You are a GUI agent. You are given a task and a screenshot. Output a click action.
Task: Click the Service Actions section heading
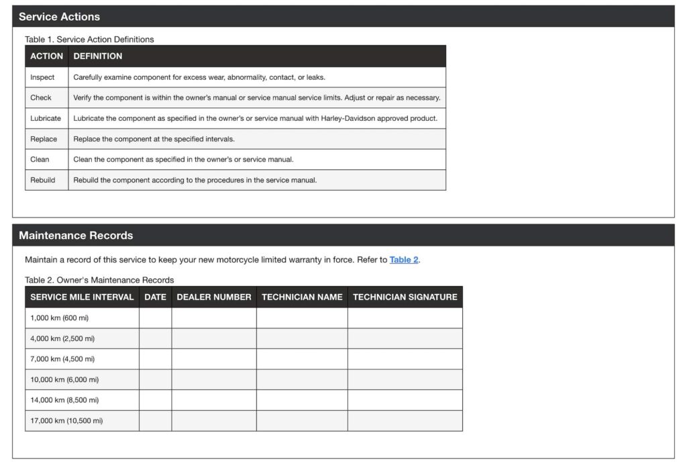(59, 17)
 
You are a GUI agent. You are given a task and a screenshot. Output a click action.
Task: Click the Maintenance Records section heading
(76, 236)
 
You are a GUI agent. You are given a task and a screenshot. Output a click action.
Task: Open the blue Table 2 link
(404, 260)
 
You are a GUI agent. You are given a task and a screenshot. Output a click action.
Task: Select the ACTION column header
(46, 56)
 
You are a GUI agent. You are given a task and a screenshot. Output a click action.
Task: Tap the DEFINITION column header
(98, 56)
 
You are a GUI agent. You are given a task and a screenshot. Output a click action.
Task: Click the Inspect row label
(42, 77)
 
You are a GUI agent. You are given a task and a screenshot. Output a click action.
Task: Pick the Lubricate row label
(46, 118)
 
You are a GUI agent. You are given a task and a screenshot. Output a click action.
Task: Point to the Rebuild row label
(43, 180)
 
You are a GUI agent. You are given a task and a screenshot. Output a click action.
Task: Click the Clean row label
(40, 160)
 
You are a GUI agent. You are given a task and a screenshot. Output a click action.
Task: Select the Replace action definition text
(154, 139)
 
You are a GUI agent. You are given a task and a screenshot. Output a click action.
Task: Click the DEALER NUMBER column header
(214, 297)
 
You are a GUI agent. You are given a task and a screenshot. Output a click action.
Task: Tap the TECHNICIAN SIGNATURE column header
(405, 297)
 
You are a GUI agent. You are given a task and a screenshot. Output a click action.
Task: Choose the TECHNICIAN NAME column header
(302, 297)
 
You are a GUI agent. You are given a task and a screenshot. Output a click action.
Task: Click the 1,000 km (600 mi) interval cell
(59, 318)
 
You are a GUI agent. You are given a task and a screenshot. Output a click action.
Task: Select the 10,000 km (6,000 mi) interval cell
(64, 379)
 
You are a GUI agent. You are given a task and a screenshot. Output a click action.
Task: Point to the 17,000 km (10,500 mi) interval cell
(66, 421)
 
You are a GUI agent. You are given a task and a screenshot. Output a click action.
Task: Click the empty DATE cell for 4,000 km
(155, 338)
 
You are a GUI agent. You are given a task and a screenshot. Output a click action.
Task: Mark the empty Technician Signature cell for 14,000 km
(405, 400)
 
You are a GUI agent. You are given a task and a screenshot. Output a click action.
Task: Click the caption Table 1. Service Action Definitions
(89, 40)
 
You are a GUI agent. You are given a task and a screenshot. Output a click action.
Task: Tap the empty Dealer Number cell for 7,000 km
(214, 359)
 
